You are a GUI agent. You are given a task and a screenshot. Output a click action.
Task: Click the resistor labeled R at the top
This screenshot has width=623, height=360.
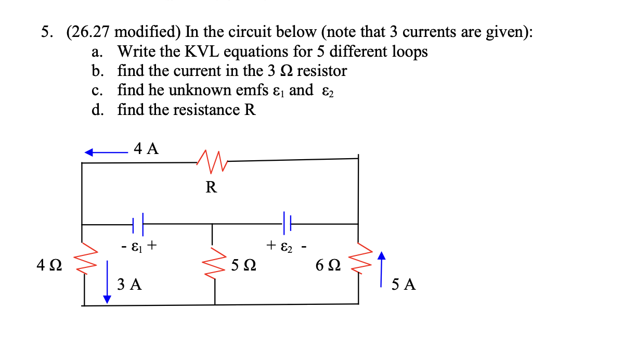(212, 160)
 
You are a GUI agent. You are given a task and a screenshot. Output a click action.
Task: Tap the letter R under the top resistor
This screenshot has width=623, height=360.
(211, 187)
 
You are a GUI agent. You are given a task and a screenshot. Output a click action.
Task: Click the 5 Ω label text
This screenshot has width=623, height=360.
(243, 266)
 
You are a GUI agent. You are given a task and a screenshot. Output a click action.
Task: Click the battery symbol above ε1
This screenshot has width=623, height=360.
(138, 224)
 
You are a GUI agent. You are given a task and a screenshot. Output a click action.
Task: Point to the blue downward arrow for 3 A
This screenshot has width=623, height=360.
(107, 281)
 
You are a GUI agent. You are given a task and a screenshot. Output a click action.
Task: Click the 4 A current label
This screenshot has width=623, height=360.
(146, 149)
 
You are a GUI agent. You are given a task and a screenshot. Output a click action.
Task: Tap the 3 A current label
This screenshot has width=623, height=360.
(129, 284)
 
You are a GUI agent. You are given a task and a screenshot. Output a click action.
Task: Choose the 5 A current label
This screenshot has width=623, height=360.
(404, 285)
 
